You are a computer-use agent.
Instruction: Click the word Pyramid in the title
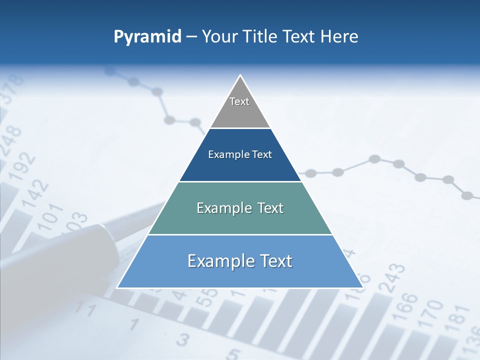[x=147, y=37]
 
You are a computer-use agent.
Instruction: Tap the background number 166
[x=409, y=306]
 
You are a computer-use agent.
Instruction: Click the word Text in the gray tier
[x=239, y=101]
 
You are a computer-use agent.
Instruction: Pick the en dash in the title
[x=191, y=37]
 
